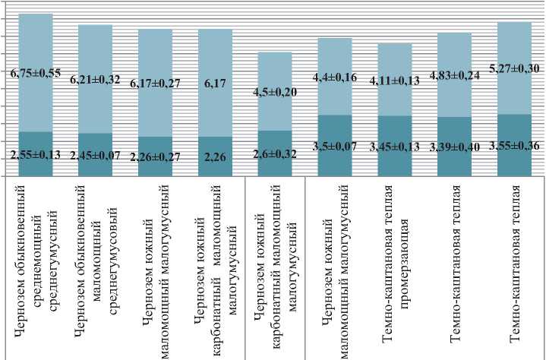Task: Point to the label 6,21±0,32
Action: point(95,79)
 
